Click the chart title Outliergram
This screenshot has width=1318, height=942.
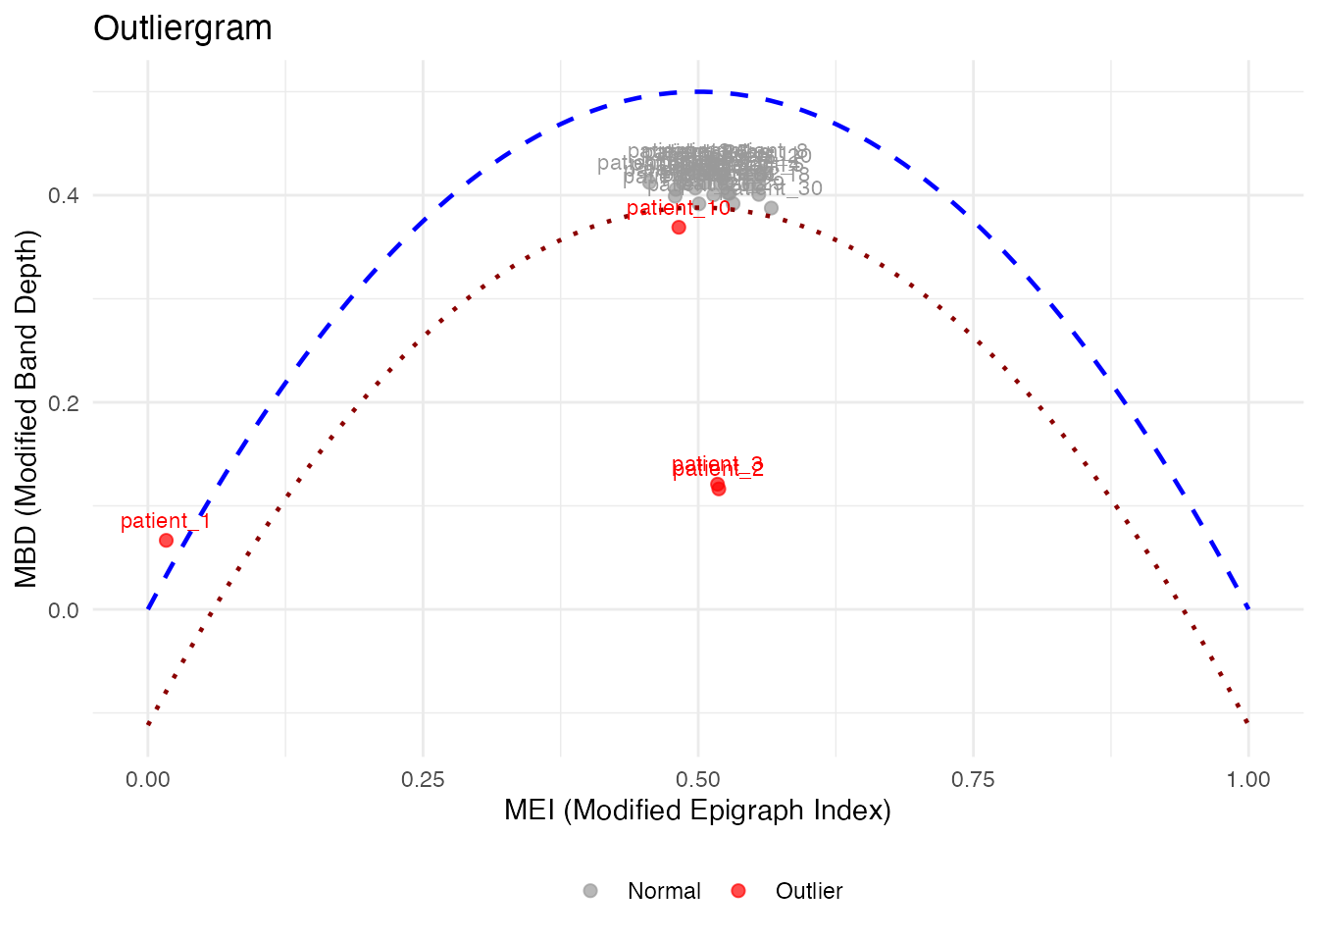coord(182,28)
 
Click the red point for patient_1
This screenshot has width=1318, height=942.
coord(166,541)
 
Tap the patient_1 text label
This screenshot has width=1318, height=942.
coord(166,521)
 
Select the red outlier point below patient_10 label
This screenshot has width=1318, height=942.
coord(679,228)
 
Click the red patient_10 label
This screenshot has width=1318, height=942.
coord(678,208)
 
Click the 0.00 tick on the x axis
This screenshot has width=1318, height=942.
coord(148,780)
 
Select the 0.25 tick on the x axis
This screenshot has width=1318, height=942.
coord(423,780)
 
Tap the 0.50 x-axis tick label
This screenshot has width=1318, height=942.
coord(698,780)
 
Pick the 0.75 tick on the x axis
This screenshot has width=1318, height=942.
coord(973,780)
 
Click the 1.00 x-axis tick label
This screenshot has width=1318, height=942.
coord(1248,780)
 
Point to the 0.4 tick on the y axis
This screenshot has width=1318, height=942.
coord(63,195)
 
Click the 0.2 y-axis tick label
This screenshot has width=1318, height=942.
coord(63,402)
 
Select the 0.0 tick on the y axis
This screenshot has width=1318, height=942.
coord(63,610)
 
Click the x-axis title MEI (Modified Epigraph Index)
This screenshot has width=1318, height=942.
coord(697,811)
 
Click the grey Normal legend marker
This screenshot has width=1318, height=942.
coord(590,891)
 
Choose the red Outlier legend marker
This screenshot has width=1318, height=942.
coord(738,891)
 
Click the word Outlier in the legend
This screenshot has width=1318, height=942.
coord(809,891)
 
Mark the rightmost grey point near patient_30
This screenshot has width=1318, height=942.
coord(771,208)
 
